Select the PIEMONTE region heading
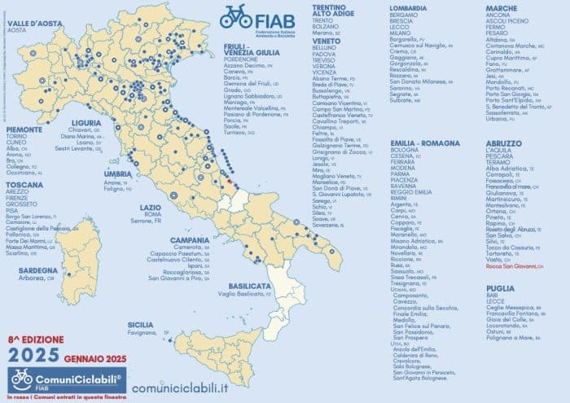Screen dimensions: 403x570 pyautogui.click(x=24, y=128)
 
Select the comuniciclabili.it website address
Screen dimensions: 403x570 pyautogui.click(x=179, y=388)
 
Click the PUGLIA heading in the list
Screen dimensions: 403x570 pyautogui.click(x=501, y=287)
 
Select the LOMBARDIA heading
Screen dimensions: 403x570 pyautogui.click(x=408, y=7)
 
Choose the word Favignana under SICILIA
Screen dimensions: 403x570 pyautogui.click(x=143, y=333)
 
